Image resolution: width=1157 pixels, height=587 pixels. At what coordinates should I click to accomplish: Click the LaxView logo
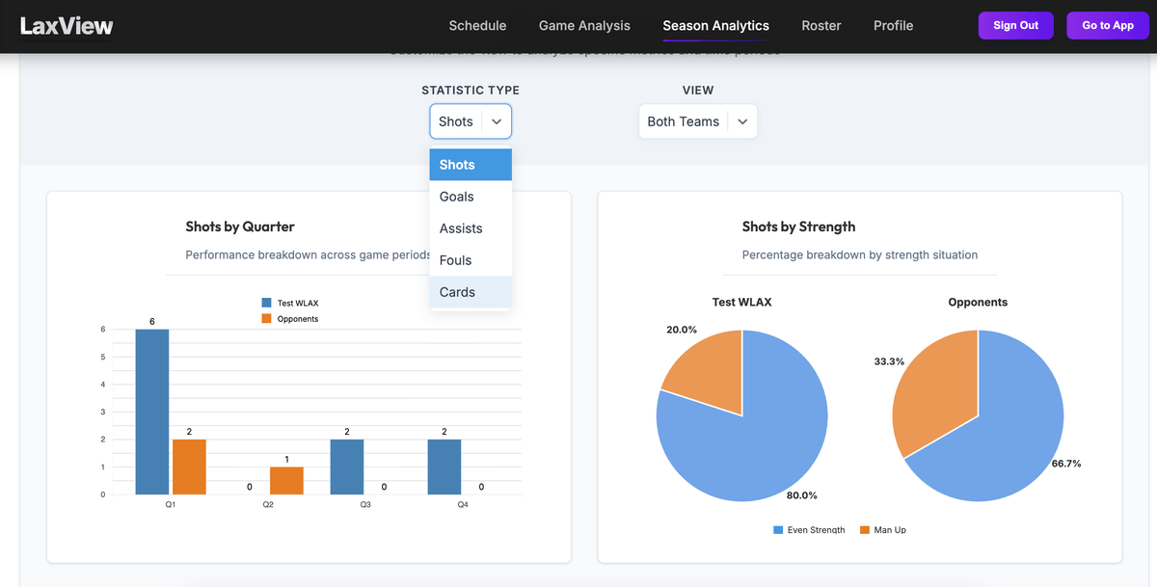click(x=67, y=26)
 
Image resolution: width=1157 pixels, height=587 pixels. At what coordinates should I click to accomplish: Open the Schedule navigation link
click(x=477, y=26)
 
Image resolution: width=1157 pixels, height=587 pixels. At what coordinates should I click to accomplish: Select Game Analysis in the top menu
click(x=584, y=26)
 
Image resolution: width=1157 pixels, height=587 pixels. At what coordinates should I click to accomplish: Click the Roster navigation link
click(x=821, y=26)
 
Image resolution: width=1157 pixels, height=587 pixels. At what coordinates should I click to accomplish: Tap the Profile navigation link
click(x=893, y=26)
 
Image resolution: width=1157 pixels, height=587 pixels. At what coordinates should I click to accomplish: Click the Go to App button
click(x=1107, y=26)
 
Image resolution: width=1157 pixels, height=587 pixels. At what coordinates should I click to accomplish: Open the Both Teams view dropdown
click(x=697, y=121)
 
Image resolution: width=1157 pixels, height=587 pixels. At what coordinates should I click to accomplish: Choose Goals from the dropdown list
click(x=457, y=197)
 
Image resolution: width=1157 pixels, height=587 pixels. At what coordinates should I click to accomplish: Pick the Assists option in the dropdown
click(x=461, y=228)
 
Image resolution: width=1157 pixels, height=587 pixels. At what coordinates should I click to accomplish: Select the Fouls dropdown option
click(x=456, y=260)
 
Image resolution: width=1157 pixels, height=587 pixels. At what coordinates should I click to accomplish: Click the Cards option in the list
click(x=457, y=292)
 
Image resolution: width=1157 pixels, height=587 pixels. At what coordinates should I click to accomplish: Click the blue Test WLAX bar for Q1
click(x=152, y=413)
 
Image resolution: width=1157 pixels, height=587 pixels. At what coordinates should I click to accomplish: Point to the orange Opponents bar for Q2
click(x=286, y=481)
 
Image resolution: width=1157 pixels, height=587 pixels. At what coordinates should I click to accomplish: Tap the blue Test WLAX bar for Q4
click(x=444, y=467)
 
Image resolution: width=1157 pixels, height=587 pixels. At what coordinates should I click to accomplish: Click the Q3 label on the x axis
click(x=365, y=505)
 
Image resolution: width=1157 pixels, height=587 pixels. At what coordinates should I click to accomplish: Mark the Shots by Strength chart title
click(x=798, y=227)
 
